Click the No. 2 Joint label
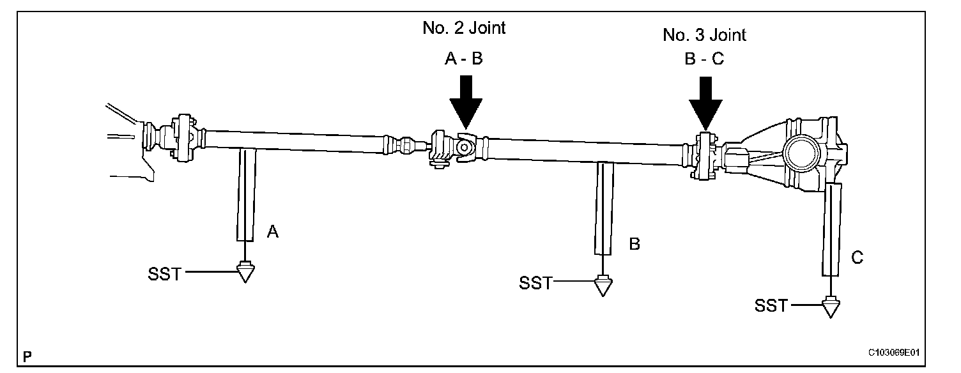[x=464, y=27]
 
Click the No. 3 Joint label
[x=704, y=34]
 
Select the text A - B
[x=464, y=59]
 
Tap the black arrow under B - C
[x=705, y=104]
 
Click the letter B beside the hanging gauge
[x=634, y=243]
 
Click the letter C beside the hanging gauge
[x=857, y=258]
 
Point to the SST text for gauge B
[x=535, y=283]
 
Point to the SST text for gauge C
[x=771, y=306]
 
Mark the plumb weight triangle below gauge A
[x=244, y=273]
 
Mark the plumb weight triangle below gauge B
[x=601, y=285]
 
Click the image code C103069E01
[x=898, y=353]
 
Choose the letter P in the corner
[x=27, y=355]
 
